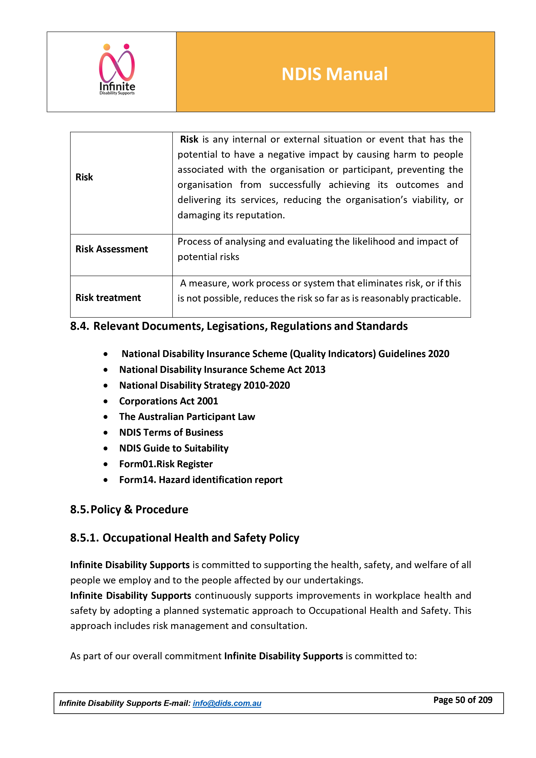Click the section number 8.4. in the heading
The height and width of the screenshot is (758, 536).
(79, 326)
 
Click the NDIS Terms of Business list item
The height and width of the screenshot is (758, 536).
(171, 432)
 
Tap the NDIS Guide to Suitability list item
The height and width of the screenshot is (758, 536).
(174, 448)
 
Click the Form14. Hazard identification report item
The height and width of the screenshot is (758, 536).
(201, 480)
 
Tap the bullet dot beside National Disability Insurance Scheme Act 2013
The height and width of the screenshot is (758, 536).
(105, 370)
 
